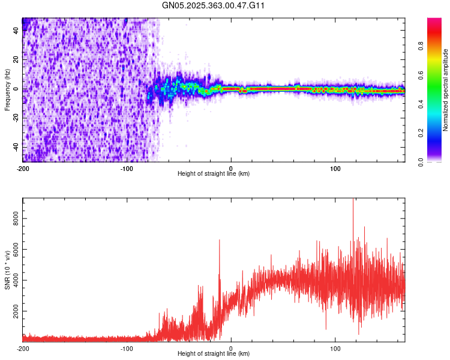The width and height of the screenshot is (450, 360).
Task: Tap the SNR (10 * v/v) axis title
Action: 7,269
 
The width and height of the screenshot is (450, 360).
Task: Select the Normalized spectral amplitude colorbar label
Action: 446,89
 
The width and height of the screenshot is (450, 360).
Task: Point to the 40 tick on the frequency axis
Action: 16,31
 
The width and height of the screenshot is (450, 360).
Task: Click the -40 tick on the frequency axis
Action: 15,147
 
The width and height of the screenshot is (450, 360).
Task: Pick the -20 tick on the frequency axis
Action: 15,118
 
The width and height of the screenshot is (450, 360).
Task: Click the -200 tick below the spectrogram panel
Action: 23,167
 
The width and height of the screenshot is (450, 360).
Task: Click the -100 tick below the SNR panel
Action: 127,348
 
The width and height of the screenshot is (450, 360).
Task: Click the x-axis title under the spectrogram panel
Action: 214,174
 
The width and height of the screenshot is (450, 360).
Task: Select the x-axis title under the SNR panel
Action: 214,354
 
